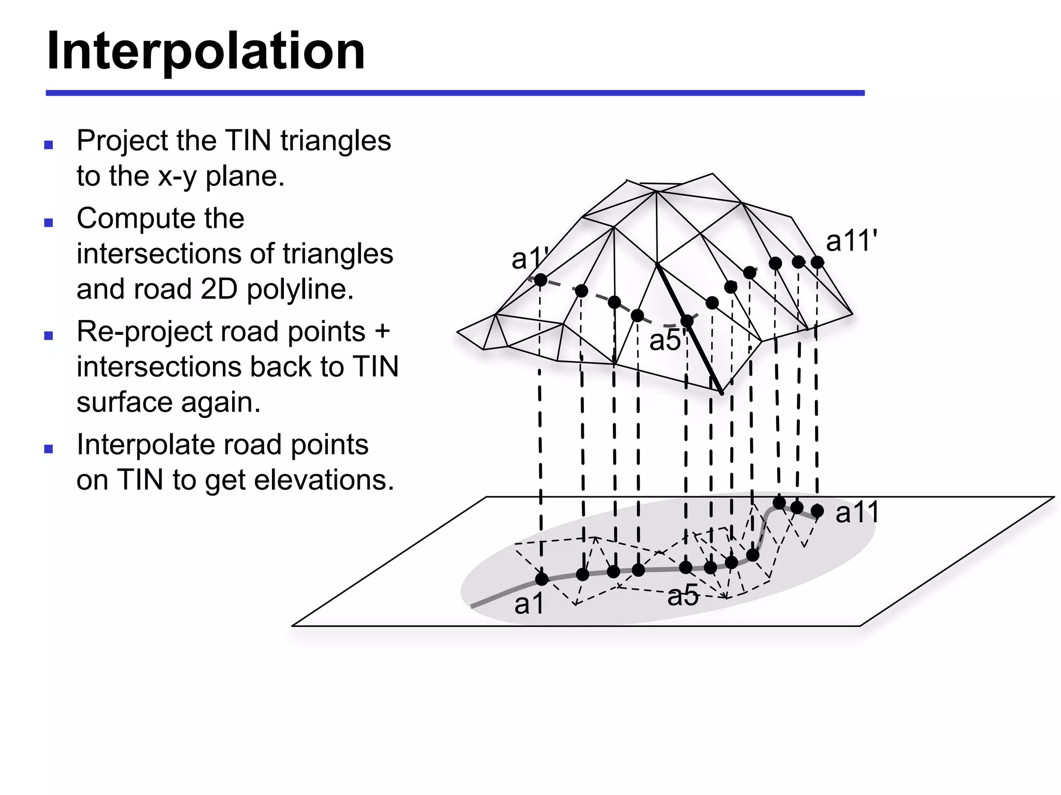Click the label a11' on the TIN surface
pyautogui.click(x=851, y=241)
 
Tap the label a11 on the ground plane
pyautogui.click(x=857, y=512)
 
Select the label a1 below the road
pyautogui.click(x=529, y=603)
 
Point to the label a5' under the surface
pyautogui.click(x=667, y=341)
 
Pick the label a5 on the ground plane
pyautogui.click(x=683, y=595)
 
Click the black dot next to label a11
pyautogui.click(x=818, y=511)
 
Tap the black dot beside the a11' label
pyautogui.click(x=818, y=262)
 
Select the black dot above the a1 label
pyautogui.click(x=542, y=579)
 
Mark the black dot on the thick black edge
pyautogui.click(x=687, y=321)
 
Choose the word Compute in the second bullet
pyautogui.click(x=160, y=218)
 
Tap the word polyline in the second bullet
pyautogui.click(x=300, y=289)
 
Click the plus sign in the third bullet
pyautogui.click(x=382, y=331)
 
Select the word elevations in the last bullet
pyautogui.click(x=324, y=480)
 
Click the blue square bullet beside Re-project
pyautogui.click(x=49, y=336)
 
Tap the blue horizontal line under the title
pyautogui.click(x=455, y=93)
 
